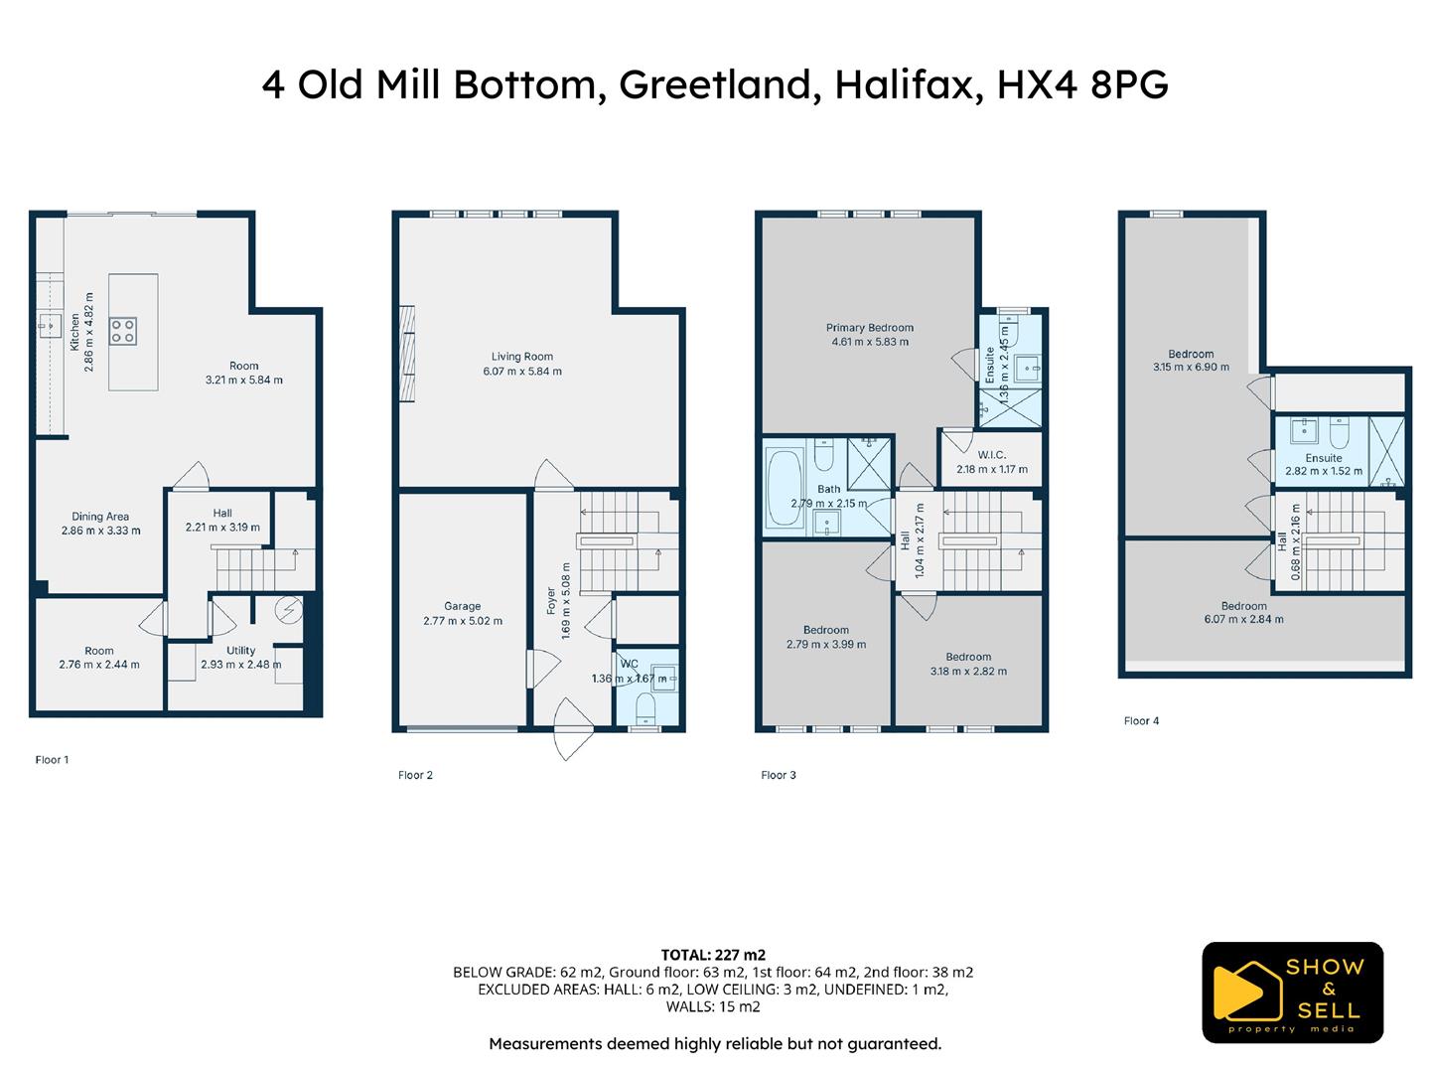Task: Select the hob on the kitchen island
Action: click(123, 330)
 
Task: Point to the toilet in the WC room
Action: click(645, 707)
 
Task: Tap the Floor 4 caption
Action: click(1141, 721)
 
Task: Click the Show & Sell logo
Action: click(1292, 993)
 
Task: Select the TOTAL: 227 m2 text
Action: click(713, 955)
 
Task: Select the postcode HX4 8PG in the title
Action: click(1082, 84)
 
